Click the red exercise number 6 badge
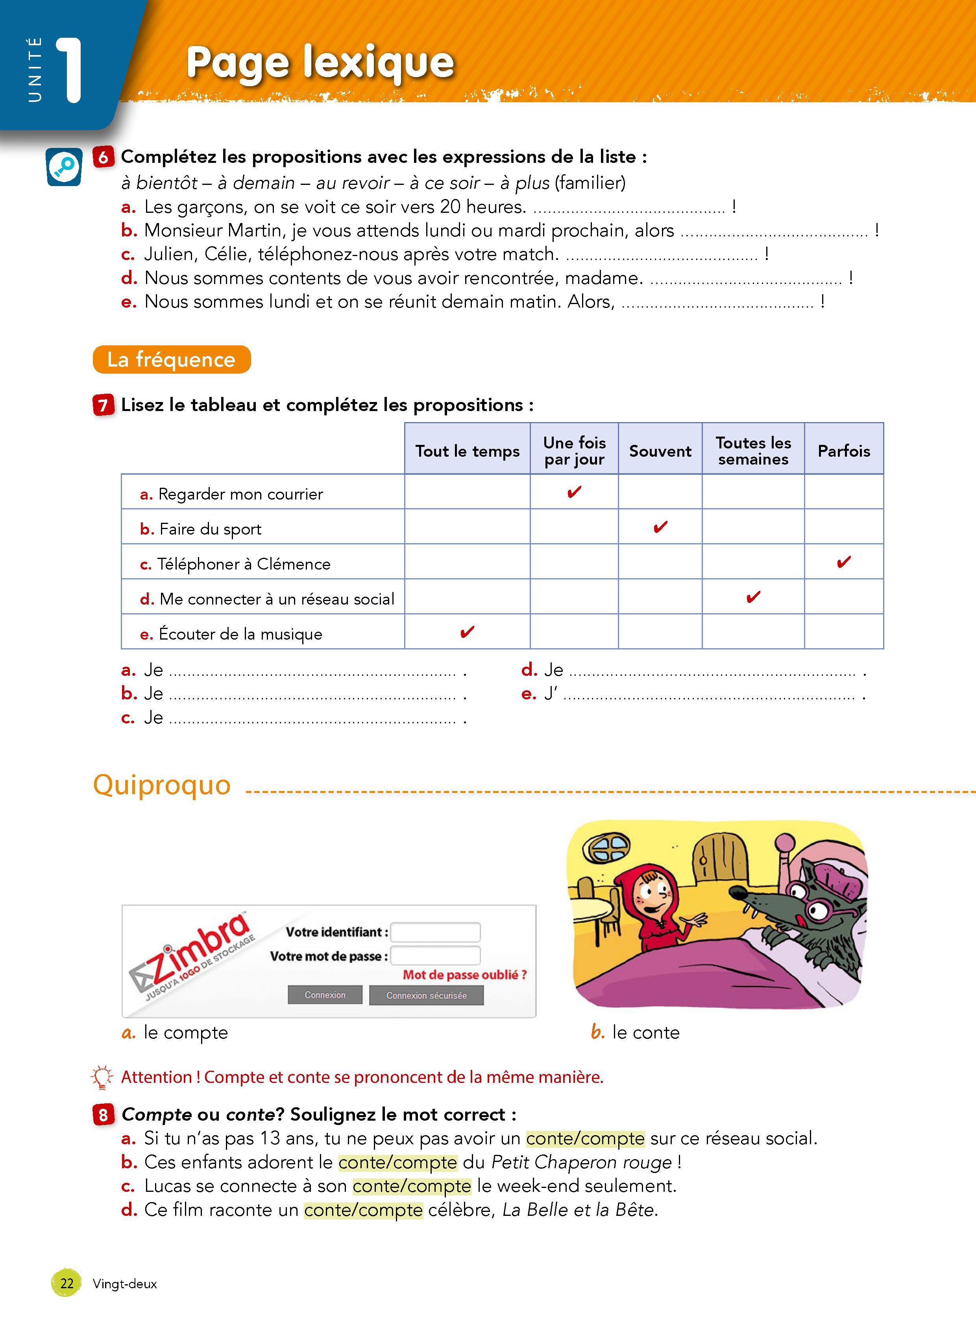click(x=104, y=157)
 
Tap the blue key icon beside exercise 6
click(x=64, y=167)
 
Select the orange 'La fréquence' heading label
click(x=171, y=360)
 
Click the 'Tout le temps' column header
click(x=467, y=451)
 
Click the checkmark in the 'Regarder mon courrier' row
click(x=574, y=492)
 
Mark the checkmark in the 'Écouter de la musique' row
click(x=467, y=632)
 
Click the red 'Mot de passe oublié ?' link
click(x=464, y=975)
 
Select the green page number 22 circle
click(x=67, y=1283)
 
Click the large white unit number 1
click(x=70, y=71)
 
